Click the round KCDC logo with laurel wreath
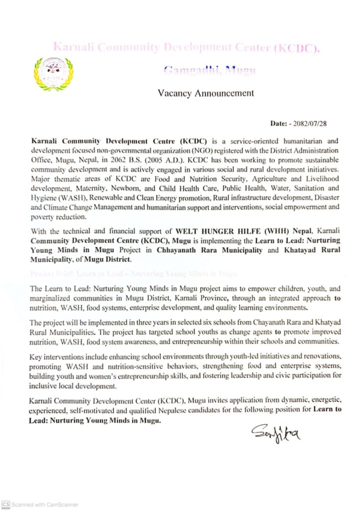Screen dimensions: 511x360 click(x=53, y=73)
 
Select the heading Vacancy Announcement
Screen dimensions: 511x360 click(x=206, y=93)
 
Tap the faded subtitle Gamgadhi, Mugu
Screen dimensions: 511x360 click(x=210, y=70)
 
